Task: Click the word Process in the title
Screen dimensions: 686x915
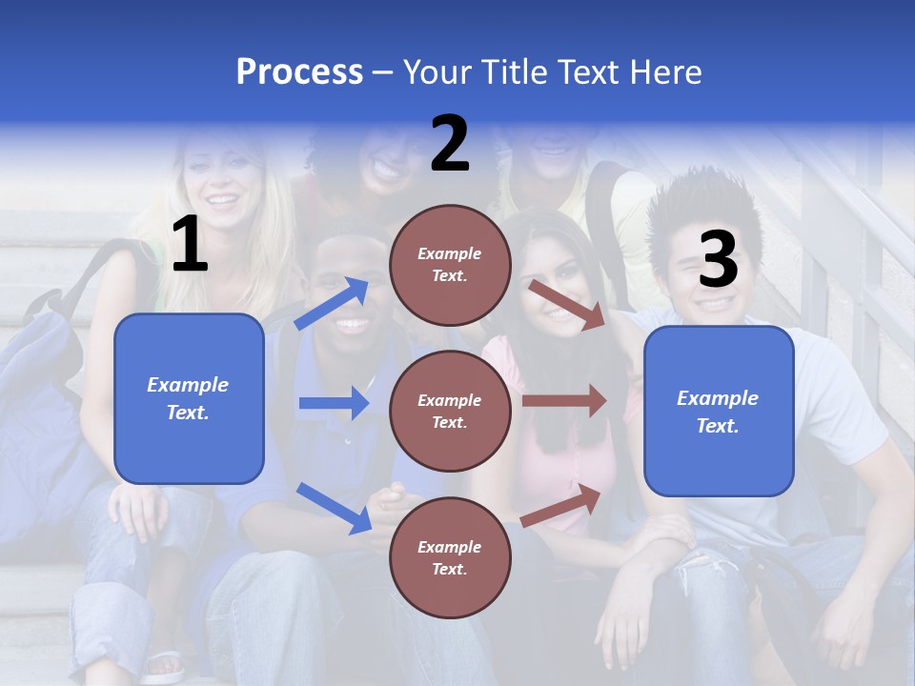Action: (299, 71)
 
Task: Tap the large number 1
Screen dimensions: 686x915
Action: (190, 245)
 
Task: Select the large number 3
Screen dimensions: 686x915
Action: (718, 259)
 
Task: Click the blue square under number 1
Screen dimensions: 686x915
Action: (189, 398)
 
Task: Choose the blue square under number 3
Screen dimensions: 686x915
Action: (719, 412)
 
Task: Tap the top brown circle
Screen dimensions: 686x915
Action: (450, 265)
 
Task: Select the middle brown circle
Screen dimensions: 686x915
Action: (450, 411)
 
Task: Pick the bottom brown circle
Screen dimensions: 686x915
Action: (450, 557)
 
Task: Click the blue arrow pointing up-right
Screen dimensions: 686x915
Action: (332, 304)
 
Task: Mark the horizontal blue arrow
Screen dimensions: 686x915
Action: (334, 403)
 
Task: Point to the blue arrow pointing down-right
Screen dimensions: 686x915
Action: (334, 507)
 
